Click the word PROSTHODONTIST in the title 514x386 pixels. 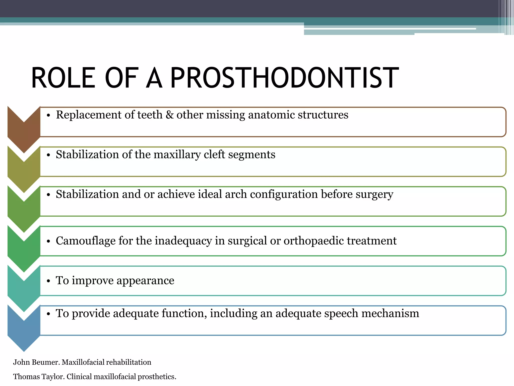285,78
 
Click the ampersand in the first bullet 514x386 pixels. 170,115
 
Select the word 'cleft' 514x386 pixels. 214,155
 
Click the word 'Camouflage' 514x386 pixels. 86,241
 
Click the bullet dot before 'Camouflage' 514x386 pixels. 48,241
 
